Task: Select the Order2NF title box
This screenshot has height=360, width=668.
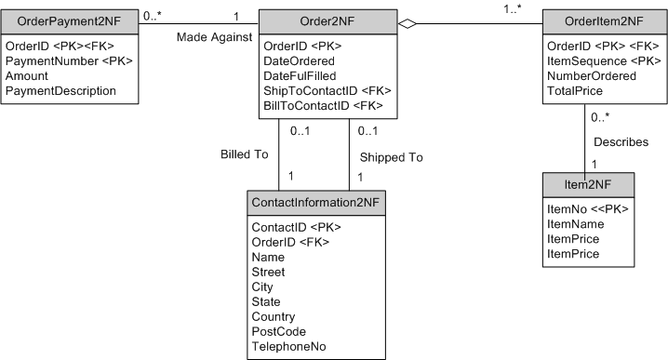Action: click(327, 21)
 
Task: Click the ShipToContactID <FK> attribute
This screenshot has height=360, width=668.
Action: click(327, 91)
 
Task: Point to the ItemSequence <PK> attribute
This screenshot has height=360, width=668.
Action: click(605, 61)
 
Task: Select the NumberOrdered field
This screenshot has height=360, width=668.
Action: click(592, 76)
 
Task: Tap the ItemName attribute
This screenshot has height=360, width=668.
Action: click(576, 224)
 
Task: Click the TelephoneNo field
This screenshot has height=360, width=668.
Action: click(288, 346)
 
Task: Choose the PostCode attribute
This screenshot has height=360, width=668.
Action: click(278, 331)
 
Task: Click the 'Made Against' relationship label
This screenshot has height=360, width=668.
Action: click(214, 35)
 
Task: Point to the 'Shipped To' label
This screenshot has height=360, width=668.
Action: click(390, 157)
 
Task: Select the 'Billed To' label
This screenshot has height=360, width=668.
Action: click(244, 153)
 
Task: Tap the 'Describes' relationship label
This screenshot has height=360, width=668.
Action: click(621, 142)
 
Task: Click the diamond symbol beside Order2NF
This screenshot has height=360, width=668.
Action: click(407, 21)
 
